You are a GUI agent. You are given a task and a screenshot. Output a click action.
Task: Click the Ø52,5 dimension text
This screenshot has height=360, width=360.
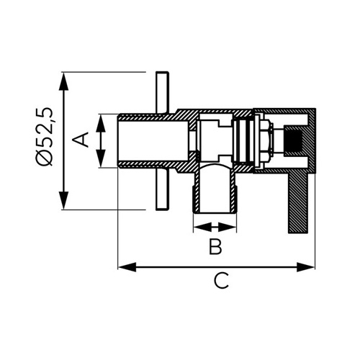45,136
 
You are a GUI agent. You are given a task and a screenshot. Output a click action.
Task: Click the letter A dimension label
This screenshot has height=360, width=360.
81,140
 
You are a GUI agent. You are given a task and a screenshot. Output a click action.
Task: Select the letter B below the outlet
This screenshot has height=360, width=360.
215,246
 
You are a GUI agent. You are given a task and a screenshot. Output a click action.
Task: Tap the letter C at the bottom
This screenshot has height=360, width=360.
221,280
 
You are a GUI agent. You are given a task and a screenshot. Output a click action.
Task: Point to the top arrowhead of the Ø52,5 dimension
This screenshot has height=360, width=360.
63,81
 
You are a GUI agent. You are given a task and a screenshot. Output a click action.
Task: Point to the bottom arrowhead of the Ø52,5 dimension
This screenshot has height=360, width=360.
63,200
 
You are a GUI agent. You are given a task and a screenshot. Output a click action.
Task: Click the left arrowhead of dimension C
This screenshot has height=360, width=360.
127,267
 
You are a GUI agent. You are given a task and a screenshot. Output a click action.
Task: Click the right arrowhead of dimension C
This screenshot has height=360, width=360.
305,267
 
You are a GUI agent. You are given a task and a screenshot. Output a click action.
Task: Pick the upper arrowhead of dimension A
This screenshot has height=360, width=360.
101,123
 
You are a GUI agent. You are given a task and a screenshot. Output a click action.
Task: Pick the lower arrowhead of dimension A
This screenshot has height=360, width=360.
101,158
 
